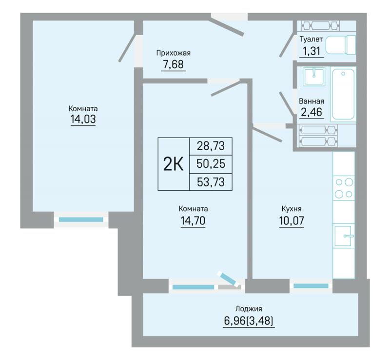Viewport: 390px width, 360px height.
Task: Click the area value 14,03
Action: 83,119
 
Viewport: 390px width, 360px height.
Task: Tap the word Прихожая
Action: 174,53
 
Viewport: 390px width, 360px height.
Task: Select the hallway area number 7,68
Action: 174,64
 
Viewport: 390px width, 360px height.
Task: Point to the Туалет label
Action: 311,40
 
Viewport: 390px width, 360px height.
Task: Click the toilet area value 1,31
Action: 311,51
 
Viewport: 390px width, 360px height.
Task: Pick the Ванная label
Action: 312,101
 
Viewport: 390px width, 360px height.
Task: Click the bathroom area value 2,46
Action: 312,112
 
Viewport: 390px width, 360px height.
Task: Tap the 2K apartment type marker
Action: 174,164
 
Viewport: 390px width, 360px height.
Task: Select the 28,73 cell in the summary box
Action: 211,146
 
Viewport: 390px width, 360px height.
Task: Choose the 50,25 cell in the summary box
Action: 211,164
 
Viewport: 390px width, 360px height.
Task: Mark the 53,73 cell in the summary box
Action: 211,182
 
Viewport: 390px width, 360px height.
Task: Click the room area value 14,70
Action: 193,220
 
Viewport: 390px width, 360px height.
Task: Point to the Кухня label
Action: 292,209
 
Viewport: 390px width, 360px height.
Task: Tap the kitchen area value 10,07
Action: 292,220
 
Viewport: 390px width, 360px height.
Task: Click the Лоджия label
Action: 249,309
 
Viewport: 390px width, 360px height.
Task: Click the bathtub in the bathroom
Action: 343,94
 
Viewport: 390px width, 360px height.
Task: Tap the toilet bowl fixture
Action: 341,45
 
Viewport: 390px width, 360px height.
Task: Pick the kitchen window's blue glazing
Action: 311,286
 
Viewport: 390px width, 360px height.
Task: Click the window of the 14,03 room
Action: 81,220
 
